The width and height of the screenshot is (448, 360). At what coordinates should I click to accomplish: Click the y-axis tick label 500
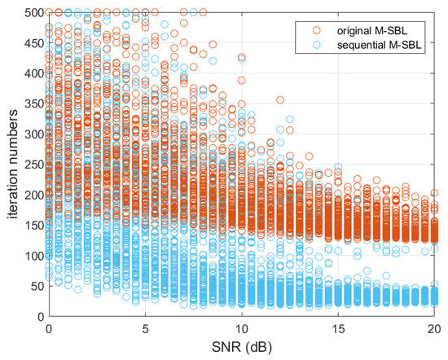33,12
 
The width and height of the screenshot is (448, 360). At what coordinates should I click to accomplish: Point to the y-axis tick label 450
33,42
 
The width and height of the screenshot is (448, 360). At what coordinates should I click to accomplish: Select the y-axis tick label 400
33,73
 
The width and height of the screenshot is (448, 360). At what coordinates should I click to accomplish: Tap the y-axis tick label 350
33,103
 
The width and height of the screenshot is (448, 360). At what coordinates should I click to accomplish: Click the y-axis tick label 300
33,134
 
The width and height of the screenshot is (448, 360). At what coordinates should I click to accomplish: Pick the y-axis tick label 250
33,165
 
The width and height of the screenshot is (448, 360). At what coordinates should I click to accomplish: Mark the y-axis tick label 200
33,195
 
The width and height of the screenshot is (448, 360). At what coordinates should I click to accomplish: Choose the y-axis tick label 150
33,226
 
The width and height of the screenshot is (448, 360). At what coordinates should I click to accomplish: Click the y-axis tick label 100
33,256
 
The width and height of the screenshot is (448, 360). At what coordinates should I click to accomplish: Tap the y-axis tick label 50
35,287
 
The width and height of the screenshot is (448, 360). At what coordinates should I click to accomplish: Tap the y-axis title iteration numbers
11,165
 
